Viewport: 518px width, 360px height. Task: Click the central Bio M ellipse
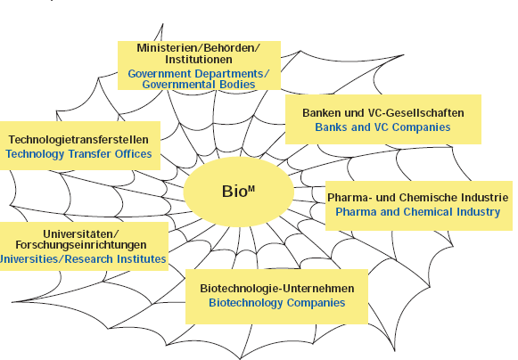(x=239, y=192)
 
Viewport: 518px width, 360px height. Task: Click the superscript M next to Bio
(x=251, y=189)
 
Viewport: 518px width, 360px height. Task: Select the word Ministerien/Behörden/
(x=199, y=48)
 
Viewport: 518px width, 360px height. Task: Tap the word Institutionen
(x=199, y=60)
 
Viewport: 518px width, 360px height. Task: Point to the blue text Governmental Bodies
(x=199, y=85)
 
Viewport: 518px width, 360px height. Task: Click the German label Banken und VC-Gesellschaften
(x=383, y=113)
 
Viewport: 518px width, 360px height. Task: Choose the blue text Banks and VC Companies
(x=382, y=127)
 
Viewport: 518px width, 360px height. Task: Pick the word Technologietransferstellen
(x=78, y=140)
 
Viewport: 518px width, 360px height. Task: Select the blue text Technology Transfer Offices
(x=78, y=154)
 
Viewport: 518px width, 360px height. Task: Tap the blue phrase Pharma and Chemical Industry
(x=418, y=212)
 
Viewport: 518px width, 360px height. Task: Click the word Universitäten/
(x=80, y=233)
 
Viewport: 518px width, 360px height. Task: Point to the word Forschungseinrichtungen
(x=81, y=245)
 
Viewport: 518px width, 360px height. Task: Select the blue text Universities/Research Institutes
(x=83, y=259)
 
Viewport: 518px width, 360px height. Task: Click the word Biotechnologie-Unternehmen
(x=277, y=289)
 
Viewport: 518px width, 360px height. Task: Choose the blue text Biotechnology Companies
(x=277, y=303)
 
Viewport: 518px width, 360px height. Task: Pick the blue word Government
(x=160, y=74)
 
